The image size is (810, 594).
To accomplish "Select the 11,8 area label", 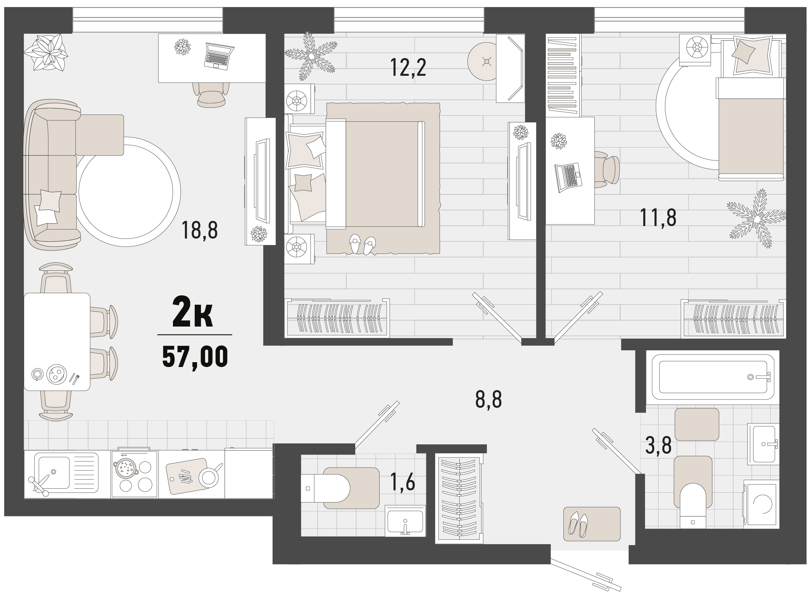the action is pyautogui.click(x=658, y=218).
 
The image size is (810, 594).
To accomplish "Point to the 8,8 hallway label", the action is pyautogui.click(x=489, y=399).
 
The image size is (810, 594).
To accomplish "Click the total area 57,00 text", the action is pyautogui.click(x=195, y=356).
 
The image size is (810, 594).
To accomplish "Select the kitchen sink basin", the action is pyautogui.click(x=54, y=472).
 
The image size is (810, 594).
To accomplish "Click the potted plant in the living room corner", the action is pyautogui.click(x=46, y=52).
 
